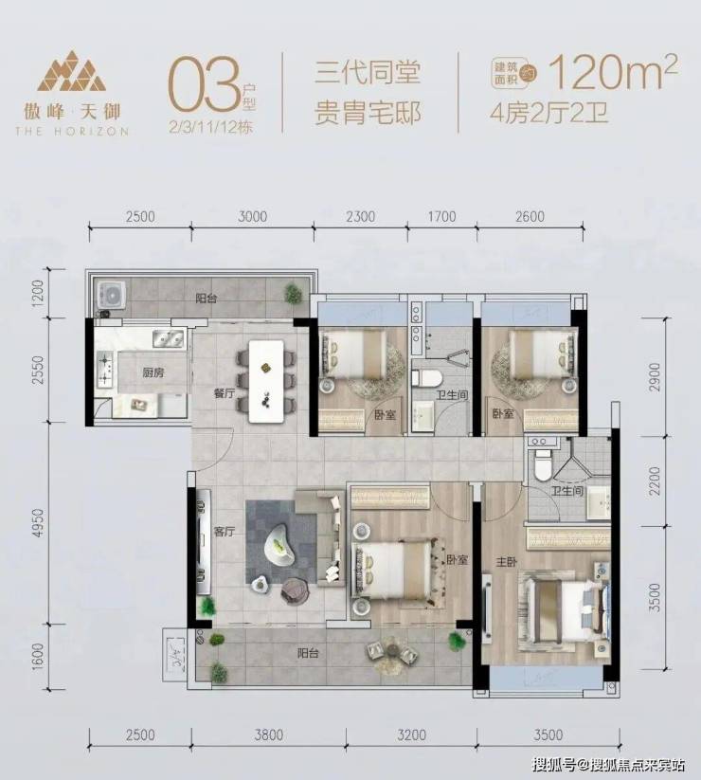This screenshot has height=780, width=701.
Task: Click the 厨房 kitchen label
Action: [x=153, y=372]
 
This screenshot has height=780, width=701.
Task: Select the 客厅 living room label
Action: [x=225, y=532]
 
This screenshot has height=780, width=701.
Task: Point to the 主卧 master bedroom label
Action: [x=507, y=562]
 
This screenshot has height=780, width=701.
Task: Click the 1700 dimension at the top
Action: [x=442, y=216]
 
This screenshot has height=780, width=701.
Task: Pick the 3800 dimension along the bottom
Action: [x=268, y=735]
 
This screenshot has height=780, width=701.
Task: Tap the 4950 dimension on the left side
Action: [x=38, y=522]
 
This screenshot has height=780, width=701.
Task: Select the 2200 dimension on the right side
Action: [x=656, y=481]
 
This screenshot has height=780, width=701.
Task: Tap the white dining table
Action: [x=266, y=381]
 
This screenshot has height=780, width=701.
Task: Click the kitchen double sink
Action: [x=168, y=338]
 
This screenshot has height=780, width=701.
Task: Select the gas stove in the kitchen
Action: [x=105, y=369]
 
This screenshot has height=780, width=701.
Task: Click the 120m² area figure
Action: [x=613, y=73]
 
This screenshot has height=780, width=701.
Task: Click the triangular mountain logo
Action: [x=72, y=71]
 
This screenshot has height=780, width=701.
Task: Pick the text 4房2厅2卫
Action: [x=549, y=113]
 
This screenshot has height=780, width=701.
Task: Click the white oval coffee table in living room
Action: [x=280, y=546]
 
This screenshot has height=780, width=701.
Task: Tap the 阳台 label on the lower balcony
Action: [x=308, y=653]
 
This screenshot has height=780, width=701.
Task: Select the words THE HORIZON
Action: [x=72, y=132]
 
